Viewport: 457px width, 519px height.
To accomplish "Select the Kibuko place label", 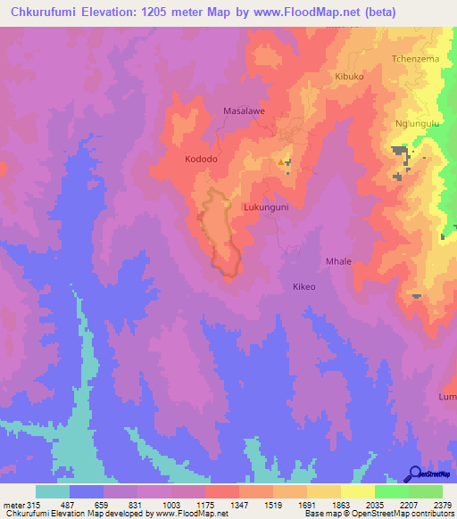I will coord(349,77).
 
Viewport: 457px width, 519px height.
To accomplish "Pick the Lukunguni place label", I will coord(266,206).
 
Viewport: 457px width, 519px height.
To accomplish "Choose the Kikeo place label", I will coord(304,287).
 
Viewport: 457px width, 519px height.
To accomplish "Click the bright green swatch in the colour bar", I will coord(392,491).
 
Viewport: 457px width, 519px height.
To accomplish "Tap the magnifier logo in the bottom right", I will coord(416,474).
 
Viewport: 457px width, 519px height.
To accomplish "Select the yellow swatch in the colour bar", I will coord(358,491).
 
